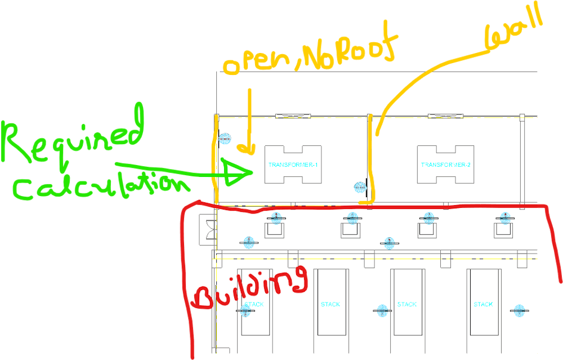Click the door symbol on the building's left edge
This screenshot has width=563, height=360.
[207, 229]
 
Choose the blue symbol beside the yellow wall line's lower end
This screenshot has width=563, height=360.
[359, 186]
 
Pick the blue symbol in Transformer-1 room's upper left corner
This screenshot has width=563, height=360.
[225, 139]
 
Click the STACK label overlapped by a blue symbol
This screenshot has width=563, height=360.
[253, 304]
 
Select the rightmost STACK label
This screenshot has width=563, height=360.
[483, 304]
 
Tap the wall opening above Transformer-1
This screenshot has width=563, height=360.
[293, 116]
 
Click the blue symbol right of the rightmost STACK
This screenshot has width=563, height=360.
[517, 309]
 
